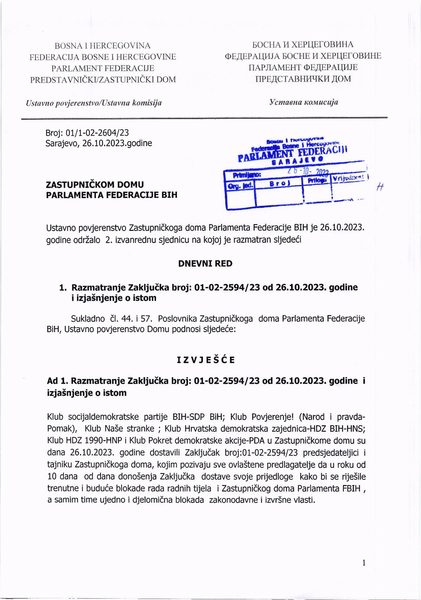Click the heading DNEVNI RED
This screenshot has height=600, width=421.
[205, 264]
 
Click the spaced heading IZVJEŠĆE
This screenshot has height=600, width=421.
[206, 360]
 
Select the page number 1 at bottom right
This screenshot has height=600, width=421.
[364, 563]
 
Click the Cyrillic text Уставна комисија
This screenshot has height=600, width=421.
[304, 102]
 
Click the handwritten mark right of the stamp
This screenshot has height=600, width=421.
[379, 188]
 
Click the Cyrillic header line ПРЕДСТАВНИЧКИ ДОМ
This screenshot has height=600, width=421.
[303, 79]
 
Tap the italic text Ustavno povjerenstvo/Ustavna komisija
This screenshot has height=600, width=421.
[94, 103]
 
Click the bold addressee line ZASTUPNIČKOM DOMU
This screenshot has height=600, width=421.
[95, 185]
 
